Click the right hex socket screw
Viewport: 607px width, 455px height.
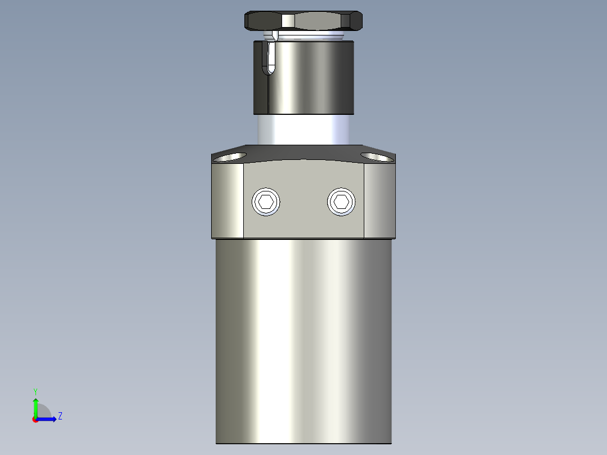(x=341, y=202)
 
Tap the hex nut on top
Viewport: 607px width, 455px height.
(x=303, y=21)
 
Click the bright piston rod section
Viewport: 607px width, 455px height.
(x=305, y=130)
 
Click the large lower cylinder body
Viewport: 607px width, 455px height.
(x=303, y=338)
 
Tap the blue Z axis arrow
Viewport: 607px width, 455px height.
(x=48, y=419)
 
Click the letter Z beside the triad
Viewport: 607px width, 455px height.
(x=60, y=416)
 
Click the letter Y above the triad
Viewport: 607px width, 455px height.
(x=35, y=391)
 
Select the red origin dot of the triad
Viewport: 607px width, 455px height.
(x=35, y=420)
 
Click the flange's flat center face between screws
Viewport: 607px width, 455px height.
(x=303, y=220)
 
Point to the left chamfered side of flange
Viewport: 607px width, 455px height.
(x=228, y=200)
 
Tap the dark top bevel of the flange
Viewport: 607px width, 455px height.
(x=303, y=153)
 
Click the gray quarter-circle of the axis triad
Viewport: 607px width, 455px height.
(x=44, y=412)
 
